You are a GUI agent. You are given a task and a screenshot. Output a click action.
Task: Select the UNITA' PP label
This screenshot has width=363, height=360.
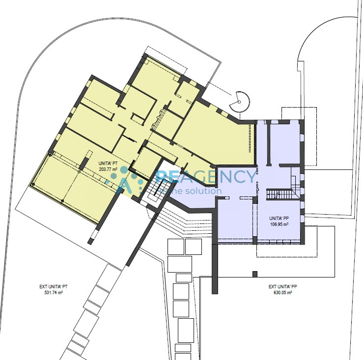[x=279, y=219]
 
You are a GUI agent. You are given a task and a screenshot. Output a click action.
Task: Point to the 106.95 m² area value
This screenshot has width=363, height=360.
[x=279, y=224]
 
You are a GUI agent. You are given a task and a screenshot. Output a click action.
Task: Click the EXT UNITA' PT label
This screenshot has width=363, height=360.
[x=54, y=287]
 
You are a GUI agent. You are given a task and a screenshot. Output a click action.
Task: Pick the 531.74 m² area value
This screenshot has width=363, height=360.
[x=54, y=292]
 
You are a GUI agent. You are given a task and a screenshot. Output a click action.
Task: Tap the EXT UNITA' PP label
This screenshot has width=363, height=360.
[x=282, y=287]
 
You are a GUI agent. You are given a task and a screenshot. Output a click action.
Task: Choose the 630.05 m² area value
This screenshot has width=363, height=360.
[x=282, y=292]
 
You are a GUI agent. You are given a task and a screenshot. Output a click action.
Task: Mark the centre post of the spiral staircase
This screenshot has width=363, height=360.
[x=240, y=102]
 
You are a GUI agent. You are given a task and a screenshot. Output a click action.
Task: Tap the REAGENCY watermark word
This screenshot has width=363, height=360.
[x=206, y=177]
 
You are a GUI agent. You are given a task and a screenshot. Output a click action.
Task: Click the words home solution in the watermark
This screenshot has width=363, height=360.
[x=189, y=191]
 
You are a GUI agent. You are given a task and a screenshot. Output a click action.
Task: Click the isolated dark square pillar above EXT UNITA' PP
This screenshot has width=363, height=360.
[x=255, y=274]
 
